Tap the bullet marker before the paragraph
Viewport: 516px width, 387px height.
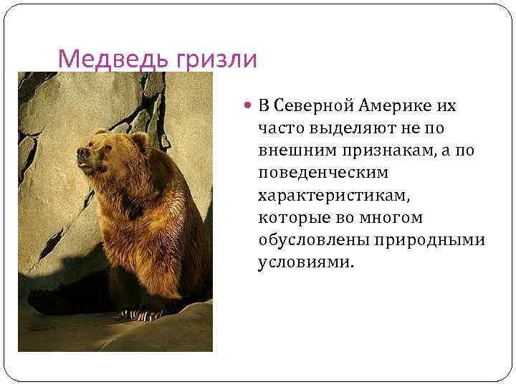247,106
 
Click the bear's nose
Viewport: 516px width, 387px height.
81,153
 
